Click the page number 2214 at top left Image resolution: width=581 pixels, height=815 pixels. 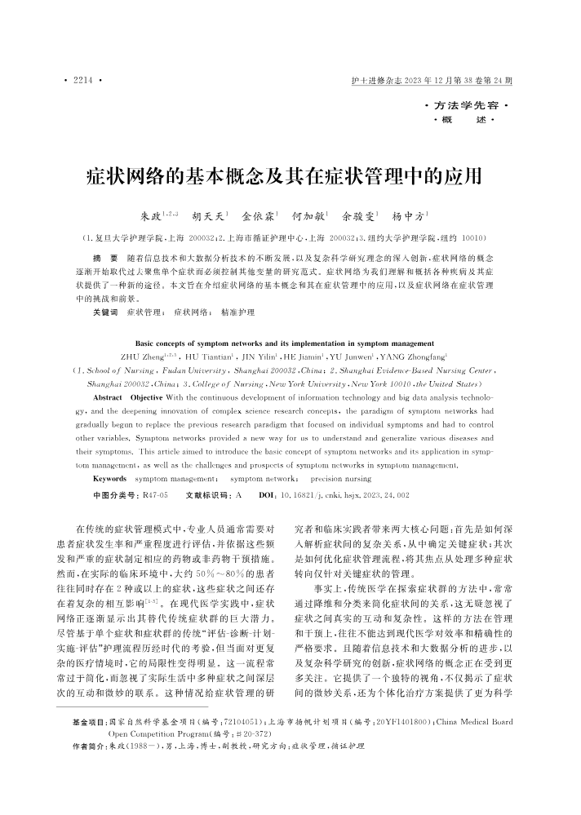tap(81, 82)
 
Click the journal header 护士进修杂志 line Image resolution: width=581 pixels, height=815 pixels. tap(430, 82)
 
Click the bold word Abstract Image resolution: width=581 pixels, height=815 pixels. tap(109, 396)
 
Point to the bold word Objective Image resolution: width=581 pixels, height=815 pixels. tap(149, 396)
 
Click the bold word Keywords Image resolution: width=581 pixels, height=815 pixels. tap(110, 478)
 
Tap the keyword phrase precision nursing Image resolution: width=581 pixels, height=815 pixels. tap(340, 478)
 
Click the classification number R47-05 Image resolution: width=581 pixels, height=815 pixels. tap(154, 495)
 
